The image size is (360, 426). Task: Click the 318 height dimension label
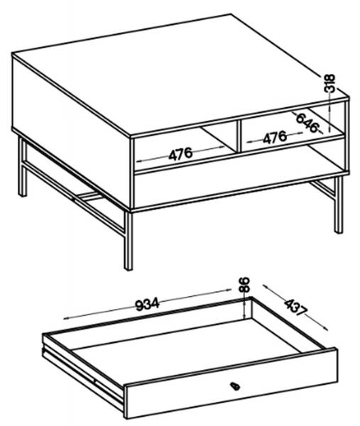330,83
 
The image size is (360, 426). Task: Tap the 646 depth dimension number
307,123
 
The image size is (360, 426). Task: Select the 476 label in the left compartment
180,154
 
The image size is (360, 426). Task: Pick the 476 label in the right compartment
275,137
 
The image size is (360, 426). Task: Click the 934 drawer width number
147,305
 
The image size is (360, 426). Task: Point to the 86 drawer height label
244,285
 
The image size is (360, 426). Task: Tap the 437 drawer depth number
296,307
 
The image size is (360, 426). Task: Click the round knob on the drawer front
235,386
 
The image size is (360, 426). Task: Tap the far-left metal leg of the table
23,166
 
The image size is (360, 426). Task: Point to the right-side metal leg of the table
339,204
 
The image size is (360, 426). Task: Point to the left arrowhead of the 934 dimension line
65,319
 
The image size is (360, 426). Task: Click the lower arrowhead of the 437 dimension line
326,328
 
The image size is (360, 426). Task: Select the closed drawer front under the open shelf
241,189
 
